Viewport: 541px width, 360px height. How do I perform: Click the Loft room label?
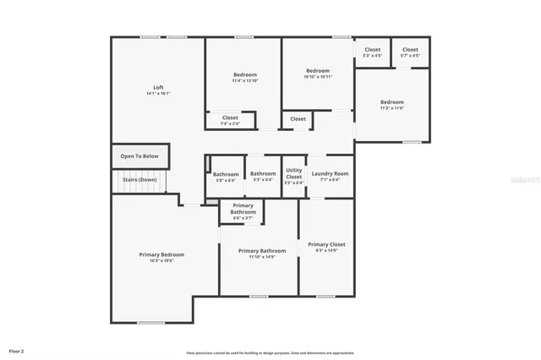click(158, 88)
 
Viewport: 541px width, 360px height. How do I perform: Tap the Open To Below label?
click(139, 156)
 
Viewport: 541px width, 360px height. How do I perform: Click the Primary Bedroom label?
click(161, 254)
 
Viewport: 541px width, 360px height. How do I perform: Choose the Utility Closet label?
click(293, 173)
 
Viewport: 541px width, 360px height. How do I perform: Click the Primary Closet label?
click(325, 244)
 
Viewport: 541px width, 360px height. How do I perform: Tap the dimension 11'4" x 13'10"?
click(245, 82)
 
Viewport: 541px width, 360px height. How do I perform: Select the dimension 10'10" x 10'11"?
click(318, 77)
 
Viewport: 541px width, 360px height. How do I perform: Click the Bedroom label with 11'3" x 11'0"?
click(391, 102)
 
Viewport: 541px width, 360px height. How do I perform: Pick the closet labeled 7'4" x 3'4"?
click(230, 124)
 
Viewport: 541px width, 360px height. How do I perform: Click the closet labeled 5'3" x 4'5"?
click(373, 56)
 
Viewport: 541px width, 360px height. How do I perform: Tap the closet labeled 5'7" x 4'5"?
click(410, 56)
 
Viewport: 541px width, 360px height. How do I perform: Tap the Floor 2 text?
click(17, 350)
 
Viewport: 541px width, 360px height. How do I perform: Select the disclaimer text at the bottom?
click(270, 352)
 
